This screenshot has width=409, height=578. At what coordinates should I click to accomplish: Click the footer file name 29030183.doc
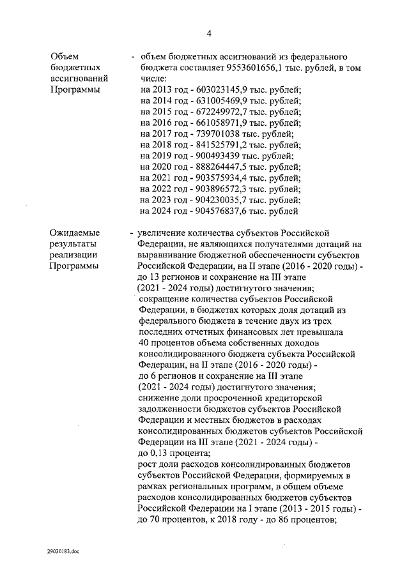63,550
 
